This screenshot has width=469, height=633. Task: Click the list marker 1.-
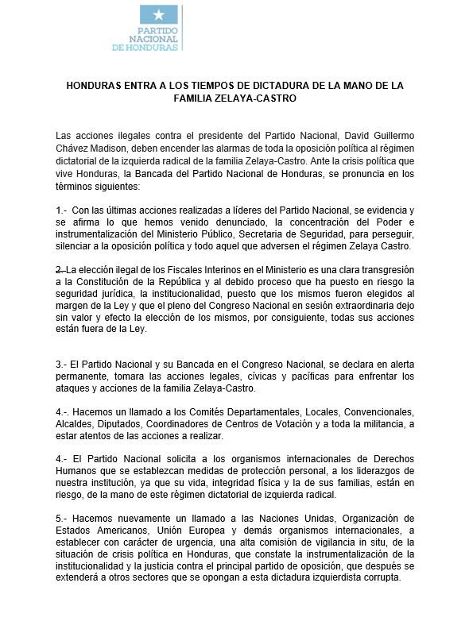(x=63, y=210)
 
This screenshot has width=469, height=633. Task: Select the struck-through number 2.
(x=60, y=268)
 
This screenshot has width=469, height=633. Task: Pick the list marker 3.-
(x=63, y=363)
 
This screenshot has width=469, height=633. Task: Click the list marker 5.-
(x=63, y=518)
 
